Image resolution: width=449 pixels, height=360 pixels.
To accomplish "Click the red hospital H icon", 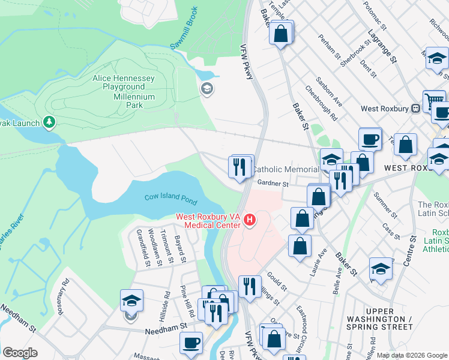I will pos(250,221).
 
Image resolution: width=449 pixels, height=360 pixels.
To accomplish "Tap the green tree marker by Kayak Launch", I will pos(49,123).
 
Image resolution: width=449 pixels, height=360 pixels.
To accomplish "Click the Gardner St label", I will pos(270,183).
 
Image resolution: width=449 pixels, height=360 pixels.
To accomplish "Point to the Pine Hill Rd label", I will pos(188,301).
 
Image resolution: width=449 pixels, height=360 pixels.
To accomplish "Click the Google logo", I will pos(20,353).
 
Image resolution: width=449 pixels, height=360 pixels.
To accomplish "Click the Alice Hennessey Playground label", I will pos(124,83).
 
